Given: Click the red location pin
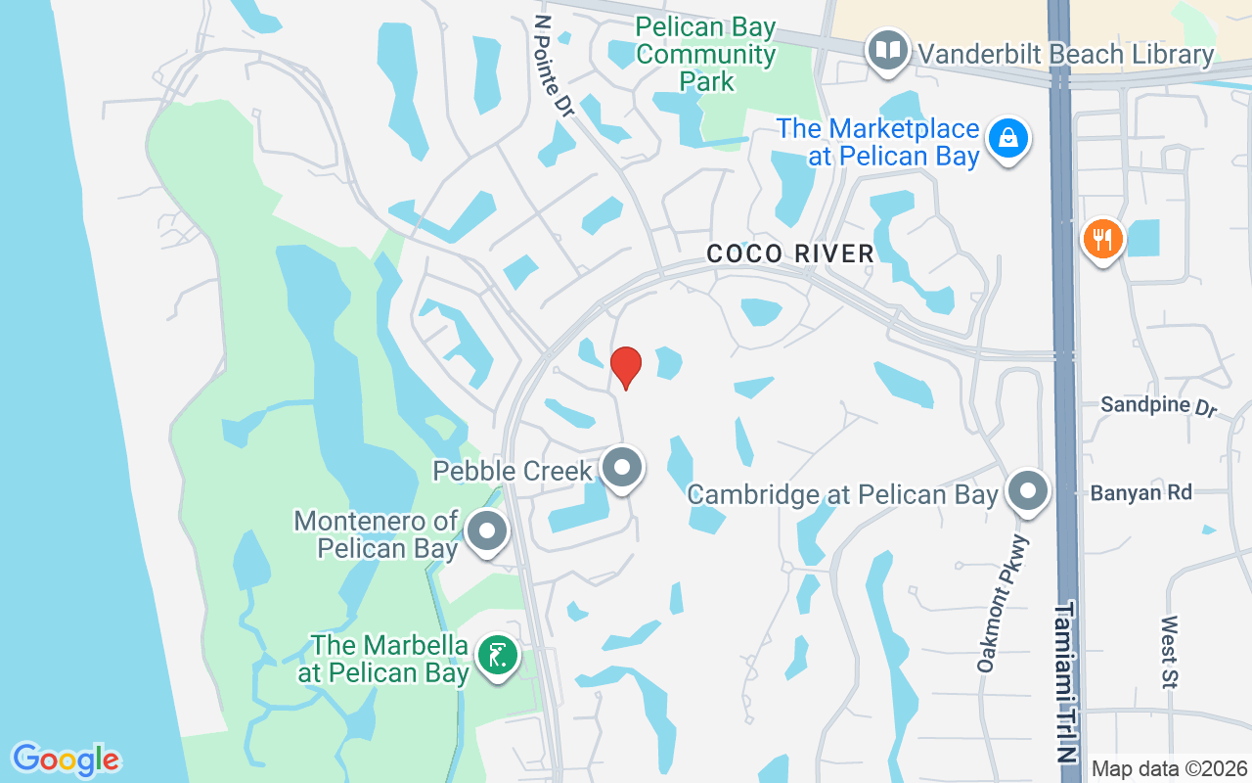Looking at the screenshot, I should (x=626, y=367).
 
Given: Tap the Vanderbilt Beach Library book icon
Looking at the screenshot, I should (x=888, y=51).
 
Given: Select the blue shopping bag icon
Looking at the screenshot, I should (x=1008, y=139).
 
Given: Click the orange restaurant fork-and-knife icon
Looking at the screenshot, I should (x=1102, y=239).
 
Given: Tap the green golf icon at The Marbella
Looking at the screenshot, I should (x=497, y=655).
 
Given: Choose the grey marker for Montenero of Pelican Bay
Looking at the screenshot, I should (x=487, y=533).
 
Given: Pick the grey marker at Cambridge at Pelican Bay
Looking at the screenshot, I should (x=1027, y=492).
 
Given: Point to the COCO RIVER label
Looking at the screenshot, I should (x=790, y=254).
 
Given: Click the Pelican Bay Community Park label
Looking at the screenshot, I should (x=705, y=53).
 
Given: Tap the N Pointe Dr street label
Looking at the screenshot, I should (x=555, y=66).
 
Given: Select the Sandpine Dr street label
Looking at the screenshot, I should (x=1158, y=405).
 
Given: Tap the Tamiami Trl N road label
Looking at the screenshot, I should (x=1066, y=681).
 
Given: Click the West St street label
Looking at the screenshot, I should (x=1170, y=652).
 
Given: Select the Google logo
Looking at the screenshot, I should (x=67, y=759).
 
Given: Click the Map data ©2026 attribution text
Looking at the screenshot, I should (x=1169, y=768).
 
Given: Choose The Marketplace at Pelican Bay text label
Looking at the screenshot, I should (x=878, y=142).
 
